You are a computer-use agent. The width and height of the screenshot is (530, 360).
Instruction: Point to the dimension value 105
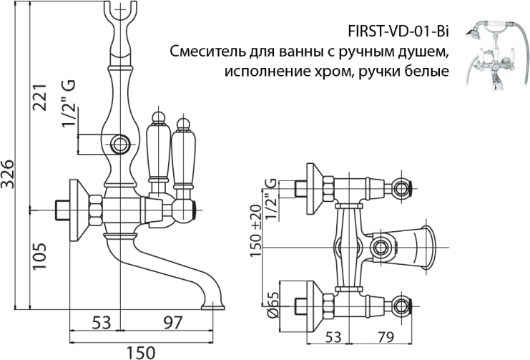tap(42, 254)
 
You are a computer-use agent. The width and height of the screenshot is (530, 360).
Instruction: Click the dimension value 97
tap(169, 322)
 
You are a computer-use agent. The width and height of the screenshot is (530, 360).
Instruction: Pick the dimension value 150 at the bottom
tap(141, 350)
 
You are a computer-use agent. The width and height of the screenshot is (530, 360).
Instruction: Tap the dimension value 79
tap(386, 336)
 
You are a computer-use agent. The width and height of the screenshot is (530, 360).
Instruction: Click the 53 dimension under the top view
tap(333, 336)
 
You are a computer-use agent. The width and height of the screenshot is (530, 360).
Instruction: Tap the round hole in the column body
tap(120, 142)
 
